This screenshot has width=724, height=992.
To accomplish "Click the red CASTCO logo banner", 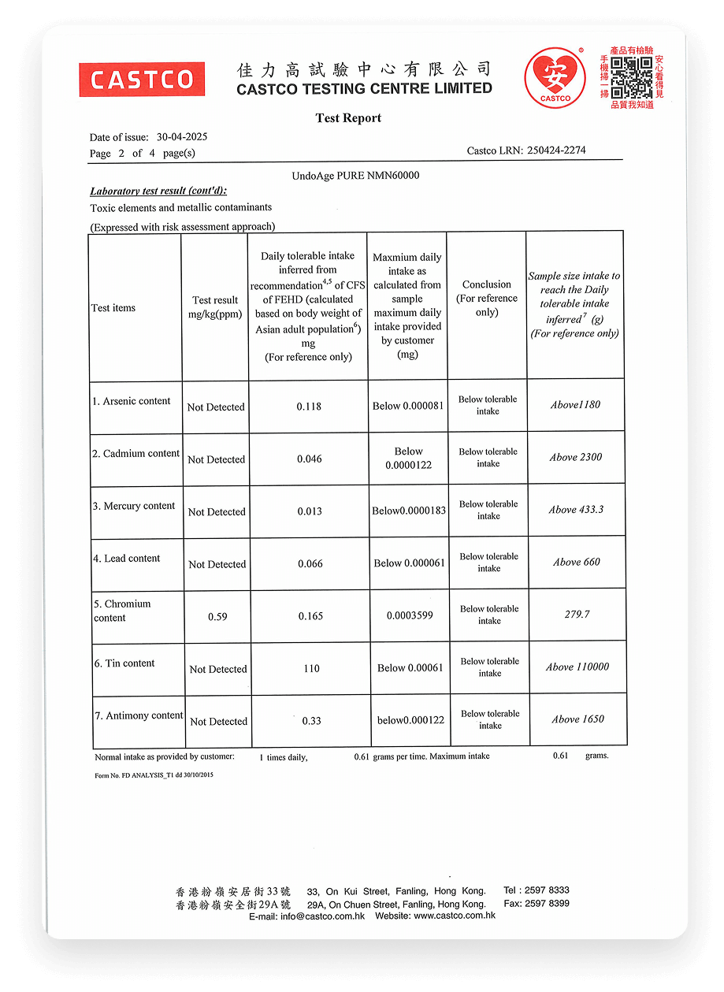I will [x=142, y=80].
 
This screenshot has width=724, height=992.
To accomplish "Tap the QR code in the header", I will [x=632, y=76].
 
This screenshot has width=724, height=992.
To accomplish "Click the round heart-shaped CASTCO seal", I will [x=555, y=76].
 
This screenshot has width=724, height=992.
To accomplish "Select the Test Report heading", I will [x=348, y=118].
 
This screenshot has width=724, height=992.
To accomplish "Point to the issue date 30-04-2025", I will [x=182, y=137].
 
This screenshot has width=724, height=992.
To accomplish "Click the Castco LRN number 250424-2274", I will [x=555, y=150].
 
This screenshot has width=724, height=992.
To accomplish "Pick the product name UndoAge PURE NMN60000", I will [x=355, y=176].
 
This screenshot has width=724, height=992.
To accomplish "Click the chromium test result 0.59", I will [x=217, y=617].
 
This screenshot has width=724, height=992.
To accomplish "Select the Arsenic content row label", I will [x=131, y=401].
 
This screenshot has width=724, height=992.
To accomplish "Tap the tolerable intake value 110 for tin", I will [x=311, y=669].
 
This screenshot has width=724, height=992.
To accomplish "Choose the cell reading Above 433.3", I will [x=576, y=510].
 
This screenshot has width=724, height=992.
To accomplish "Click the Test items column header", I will [x=113, y=308].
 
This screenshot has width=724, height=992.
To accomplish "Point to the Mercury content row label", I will [x=134, y=506].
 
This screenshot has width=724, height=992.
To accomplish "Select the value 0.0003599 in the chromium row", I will [x=410, y=615].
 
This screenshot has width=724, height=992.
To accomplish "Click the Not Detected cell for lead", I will [x=217, y=564].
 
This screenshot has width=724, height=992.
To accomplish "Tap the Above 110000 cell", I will [x=577, y=667].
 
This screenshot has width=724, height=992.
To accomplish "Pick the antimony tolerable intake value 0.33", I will [x=311, y=721].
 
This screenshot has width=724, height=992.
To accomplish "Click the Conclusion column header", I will [x=487, y=298].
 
